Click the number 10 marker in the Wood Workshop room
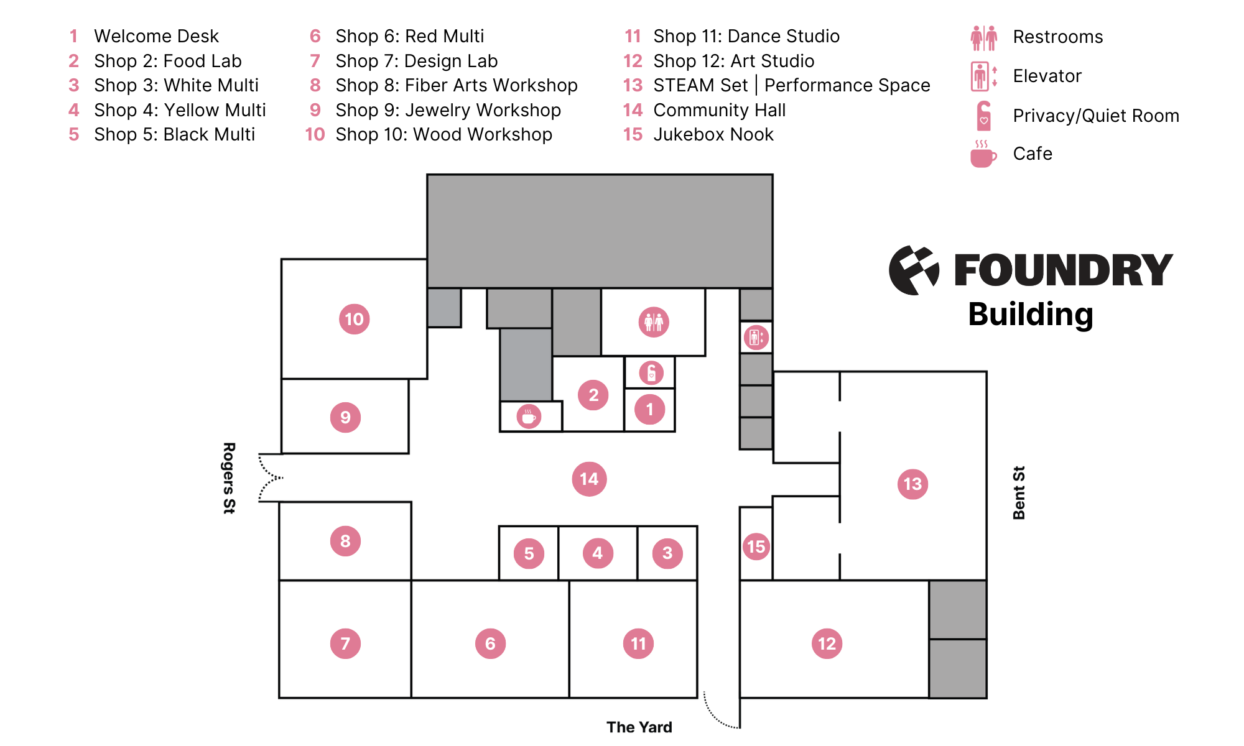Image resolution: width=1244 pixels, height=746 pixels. click(x=354, y=319)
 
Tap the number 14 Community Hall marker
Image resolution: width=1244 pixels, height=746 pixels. click(x=589, y=479)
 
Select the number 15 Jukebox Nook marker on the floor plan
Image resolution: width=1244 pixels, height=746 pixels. click(x=756, y=546)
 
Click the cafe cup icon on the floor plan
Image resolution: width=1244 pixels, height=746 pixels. click(x=529, y=417)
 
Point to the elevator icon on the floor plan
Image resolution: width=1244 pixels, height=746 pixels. click(x=756, y=338)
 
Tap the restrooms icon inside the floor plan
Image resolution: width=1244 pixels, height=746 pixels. click(x=654, y=322)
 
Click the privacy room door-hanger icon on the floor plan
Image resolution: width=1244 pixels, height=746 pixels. click(x=651, y=373)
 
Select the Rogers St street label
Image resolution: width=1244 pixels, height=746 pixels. click(x=229, y=477)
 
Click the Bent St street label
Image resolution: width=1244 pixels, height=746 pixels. click(x=1019, y=492)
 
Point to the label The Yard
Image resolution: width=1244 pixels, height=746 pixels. click(x=639, y=727)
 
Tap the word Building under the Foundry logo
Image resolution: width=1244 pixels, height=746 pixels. click(x=1030, y=315)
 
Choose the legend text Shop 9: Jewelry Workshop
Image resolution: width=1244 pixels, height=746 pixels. click(x=448, y=110)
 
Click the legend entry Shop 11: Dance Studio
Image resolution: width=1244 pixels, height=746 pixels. click(x=746, y=36)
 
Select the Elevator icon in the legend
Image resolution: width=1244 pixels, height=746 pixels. click(x=983, y=76)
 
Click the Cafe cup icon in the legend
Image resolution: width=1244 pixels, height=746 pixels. click(x=983, y=154)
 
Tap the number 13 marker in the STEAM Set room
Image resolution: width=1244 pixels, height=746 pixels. click(x=912, y=484)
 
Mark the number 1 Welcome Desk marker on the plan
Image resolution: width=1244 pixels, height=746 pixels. click(x=649, y=409)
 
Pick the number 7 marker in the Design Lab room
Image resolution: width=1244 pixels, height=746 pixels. click(x=345, y=643)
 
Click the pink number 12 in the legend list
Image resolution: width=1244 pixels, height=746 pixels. click(x=633, y=61)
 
